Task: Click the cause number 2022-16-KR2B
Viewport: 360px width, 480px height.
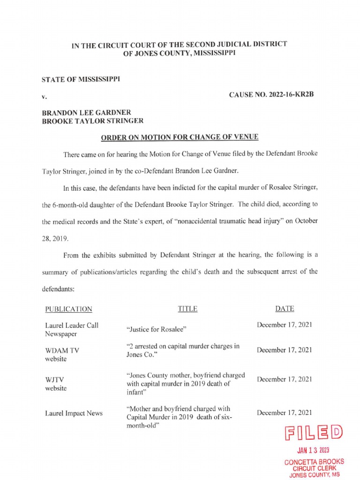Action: click(270, 95)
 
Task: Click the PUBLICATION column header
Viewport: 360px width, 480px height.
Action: click(68, 309)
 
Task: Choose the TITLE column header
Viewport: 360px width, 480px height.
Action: click(187, 309)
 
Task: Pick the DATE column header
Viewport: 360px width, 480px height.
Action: click(285, 308)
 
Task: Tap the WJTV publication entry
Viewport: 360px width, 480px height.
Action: click(56, 384)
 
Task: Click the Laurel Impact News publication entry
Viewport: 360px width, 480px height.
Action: click(74, 413)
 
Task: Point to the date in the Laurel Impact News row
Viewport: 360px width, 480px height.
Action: click(285, 412)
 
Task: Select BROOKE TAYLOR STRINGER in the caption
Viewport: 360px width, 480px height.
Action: click(92, 120)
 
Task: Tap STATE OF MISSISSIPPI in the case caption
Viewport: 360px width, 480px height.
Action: click(81, 79)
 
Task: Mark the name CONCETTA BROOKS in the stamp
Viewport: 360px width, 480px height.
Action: click(314, 462)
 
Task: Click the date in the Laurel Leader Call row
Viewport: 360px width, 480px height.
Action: click(285, 324)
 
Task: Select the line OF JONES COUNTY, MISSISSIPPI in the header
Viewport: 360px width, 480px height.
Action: click(180, 53)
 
